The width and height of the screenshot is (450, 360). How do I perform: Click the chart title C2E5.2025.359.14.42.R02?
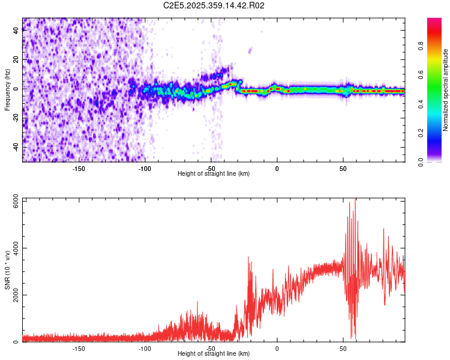tap(214, 5)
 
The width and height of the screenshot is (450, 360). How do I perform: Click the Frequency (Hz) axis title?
tap(8, 90)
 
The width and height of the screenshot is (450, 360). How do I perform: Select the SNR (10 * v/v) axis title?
tap(8, 271)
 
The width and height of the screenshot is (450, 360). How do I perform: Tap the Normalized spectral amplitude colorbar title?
tap(446, 90)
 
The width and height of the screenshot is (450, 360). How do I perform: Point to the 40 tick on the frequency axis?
tap(16, 30)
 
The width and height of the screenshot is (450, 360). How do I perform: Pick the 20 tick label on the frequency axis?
tap(16, 59)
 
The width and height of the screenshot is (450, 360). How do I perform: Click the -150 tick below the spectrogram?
tap(79, 169)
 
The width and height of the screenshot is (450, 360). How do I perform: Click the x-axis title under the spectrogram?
tap(214, 174)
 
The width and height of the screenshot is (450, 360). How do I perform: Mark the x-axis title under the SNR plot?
tap(214, 354)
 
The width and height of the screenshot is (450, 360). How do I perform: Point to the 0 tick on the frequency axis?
tap(16, 89)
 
